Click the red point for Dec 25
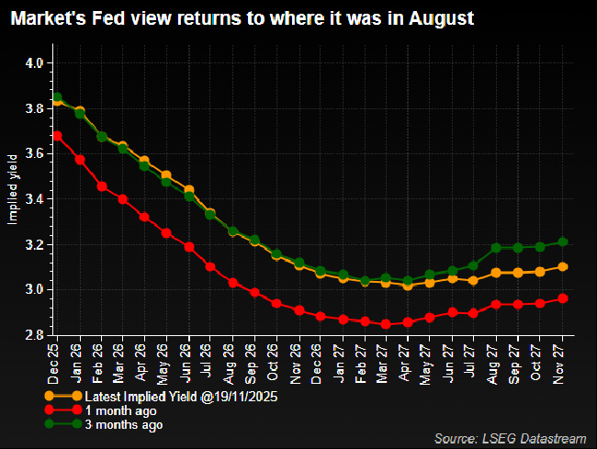click(57, 136)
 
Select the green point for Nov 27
click(562, 242)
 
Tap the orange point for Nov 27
click(562, 267)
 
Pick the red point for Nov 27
click(562, 298)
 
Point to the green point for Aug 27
click(496, 248)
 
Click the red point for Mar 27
click(386, 324)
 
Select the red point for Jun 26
click(189, 247)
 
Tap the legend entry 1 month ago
click(114, 410)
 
